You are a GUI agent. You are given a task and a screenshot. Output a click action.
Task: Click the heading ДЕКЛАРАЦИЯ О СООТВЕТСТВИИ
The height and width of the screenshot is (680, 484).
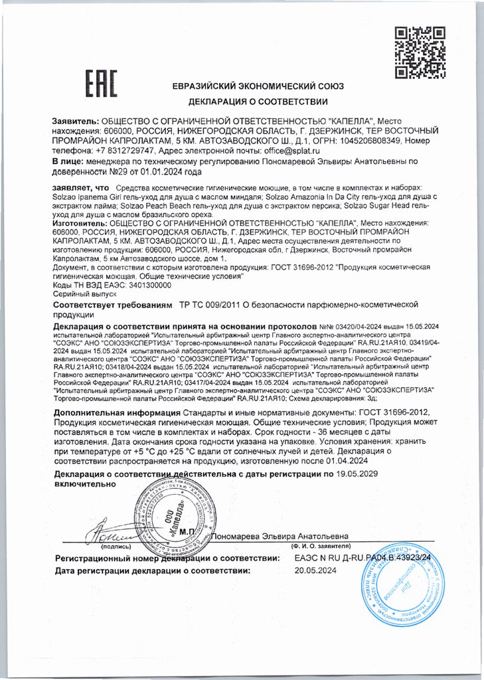click(258, 102)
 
